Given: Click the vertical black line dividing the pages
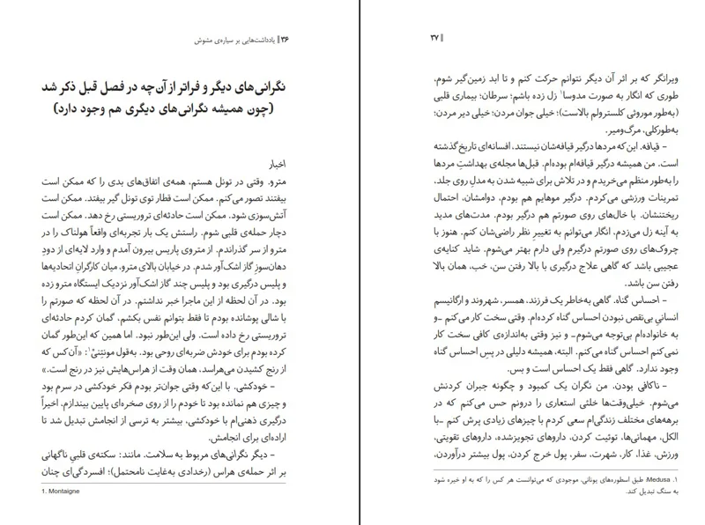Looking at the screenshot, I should (352, 264).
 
